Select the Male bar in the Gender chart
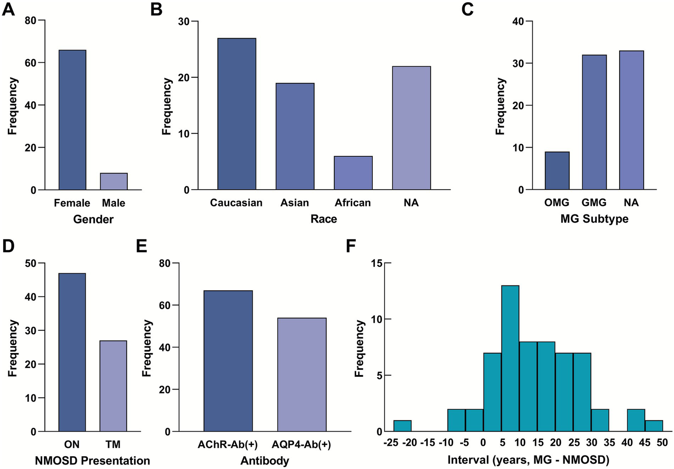pyautogui.click(x=114, y=181)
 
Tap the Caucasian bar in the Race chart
pyautogui.click(x=237, y=114)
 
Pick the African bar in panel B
pyautogui.click(x=353, y=173)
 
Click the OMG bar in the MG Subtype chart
pyautogui.click(x=557, y=171)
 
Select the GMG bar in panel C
pyautogui.click(x=594, y=123)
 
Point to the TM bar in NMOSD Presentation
pyautogui.click(x=113, y=386)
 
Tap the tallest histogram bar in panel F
pyautogui.click(x=510, y=358)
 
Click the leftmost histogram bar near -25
pyautogui.click(x=402, y=426)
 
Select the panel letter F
pyautogui.click(x=350, y=246)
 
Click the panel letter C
pyautogui.click(x=467, y=9)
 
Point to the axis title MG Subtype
pyautogui.click(x=594, y=219)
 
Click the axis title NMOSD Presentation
pyautogui.click(x=92, y=461)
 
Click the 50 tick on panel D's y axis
pyautogui.click(x=31, y=263)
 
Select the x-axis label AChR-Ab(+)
pyautogui.click(x=227, y=444)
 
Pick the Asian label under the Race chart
pyautogui.click(x=295, y=202)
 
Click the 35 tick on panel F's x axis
pyautogui.click(x=609, y=443)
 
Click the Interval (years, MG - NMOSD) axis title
pyautogui.click(x=528, y=460)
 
